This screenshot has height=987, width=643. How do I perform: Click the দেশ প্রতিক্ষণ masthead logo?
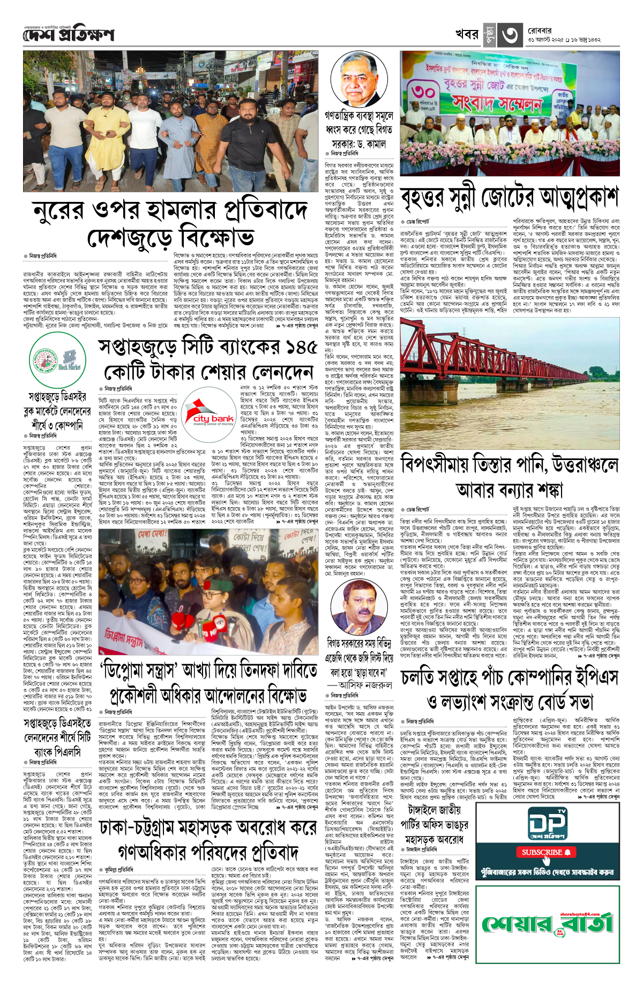[69, 35]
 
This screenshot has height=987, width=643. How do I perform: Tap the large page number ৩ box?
[509, 35]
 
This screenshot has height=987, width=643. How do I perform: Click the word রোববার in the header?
[540, 30]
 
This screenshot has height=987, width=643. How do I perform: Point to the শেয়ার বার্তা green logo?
[547, 923]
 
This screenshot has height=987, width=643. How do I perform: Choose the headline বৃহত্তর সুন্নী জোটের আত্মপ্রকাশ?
[509, 198]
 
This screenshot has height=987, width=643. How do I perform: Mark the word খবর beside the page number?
[467, 35]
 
